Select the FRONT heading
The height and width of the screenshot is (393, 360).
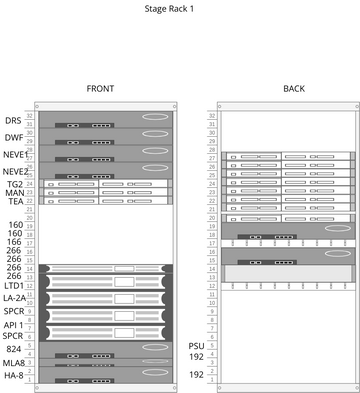100,89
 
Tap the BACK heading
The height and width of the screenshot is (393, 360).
294,89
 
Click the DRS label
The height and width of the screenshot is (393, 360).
14,120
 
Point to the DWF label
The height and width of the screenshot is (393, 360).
14,137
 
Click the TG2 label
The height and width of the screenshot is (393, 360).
15,184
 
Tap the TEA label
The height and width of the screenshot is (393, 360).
15,201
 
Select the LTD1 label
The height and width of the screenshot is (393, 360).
14,285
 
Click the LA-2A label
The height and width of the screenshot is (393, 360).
14,298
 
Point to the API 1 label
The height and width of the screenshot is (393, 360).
14,324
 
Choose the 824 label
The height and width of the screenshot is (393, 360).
14,349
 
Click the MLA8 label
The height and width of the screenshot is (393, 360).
14,362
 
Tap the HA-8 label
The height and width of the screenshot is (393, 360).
14,375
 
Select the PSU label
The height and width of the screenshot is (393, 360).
196,345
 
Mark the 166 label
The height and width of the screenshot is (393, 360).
15,242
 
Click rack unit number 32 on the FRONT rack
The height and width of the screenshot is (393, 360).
30,116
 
